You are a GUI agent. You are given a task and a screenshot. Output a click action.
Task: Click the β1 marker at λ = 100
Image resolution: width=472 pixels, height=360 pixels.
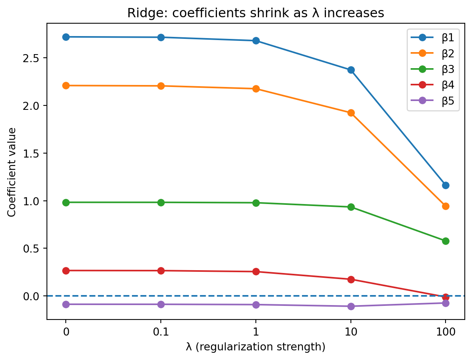(x=446, y=185)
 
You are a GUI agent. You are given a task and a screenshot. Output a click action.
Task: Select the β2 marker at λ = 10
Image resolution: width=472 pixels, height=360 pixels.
(x=351, y=113)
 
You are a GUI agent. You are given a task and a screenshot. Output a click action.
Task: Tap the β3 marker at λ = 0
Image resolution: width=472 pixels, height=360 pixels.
(x=66, y=202)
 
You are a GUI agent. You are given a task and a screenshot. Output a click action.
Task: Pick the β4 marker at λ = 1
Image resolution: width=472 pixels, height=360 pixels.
(x=256, y=271)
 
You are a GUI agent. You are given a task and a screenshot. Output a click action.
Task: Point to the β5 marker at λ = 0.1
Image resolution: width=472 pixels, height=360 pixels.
(x=161, y=304)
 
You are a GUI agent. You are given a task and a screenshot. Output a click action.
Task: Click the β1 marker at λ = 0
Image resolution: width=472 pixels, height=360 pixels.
(x=66, y=37)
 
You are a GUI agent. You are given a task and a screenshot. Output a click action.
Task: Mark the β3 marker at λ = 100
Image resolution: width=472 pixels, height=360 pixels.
(x=446, y=241)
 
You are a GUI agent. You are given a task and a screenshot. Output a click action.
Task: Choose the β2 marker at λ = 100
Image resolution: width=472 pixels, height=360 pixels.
(x=446, y=206)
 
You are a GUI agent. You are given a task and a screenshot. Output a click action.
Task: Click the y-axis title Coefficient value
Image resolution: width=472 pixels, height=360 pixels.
(x=12, y=172)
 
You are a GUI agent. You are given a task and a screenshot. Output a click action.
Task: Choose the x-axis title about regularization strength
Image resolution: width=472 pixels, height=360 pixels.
(x=255, y=347)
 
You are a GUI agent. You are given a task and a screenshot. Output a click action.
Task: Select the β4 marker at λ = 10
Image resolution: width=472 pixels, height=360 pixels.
(x=351, y=279)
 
